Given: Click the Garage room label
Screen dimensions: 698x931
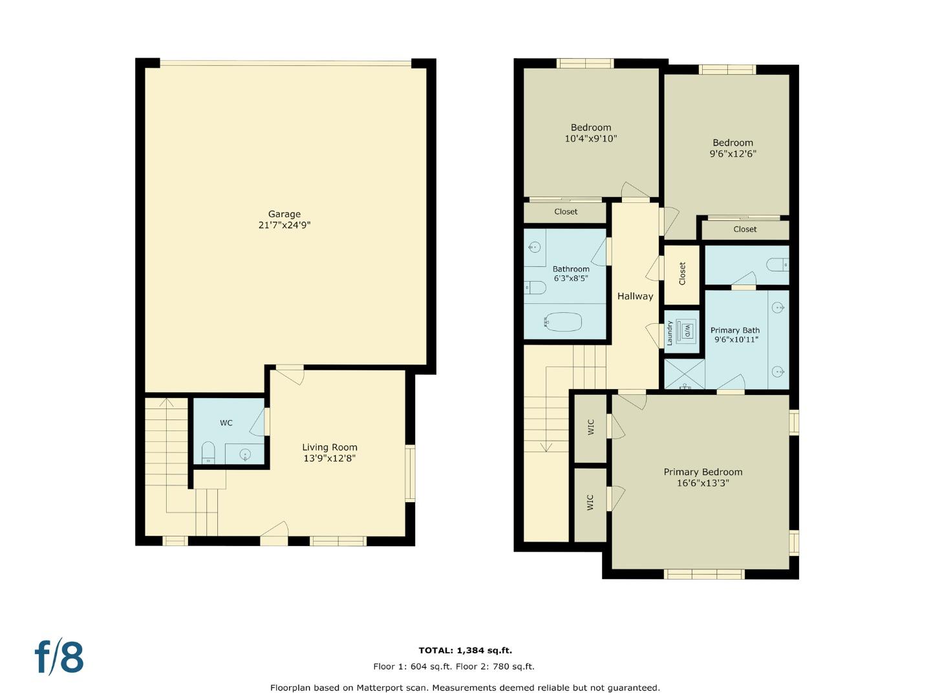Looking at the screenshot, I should click(x=284, y=214).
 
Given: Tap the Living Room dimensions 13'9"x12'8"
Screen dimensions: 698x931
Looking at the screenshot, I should click(x=330, y=458).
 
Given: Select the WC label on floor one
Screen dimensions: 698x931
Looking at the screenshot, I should click(x=226, y=423).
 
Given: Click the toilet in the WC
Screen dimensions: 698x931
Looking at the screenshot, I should click(x=208, y=452).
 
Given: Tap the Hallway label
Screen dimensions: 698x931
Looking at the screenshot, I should click(x=635, y=296).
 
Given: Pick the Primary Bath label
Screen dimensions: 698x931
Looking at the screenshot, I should click(x=735, y=330).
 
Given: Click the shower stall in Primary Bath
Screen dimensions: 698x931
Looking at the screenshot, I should click(x=685, y=375).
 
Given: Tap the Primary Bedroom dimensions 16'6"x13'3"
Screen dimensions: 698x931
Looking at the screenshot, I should click(x=703, y=483).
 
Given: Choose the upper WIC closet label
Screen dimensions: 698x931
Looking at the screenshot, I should click(x=590, y=427).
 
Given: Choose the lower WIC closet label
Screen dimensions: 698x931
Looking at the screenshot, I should click(x=590, y=503).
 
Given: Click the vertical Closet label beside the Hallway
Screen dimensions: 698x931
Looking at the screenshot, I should click(x=682, y=274).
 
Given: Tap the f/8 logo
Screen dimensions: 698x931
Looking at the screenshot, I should click(x=59, y=657).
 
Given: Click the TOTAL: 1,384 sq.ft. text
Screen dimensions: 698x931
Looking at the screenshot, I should click(x=465, y=650).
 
